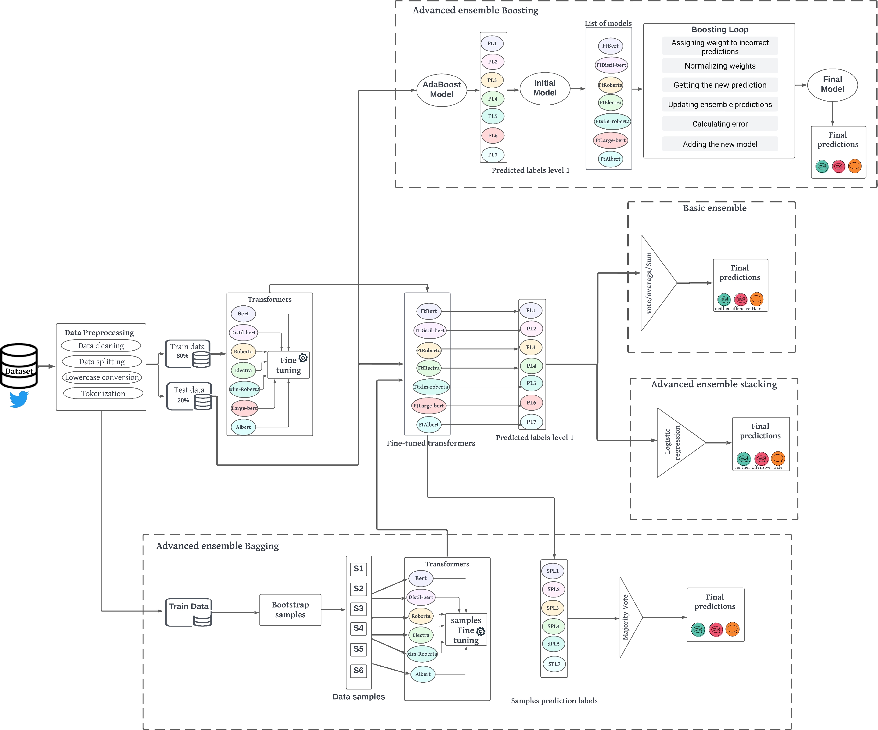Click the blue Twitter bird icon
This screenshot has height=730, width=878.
click(19, 399)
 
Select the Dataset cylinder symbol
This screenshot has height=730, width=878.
click(19, 366)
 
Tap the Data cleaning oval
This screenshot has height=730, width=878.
click(101, 346)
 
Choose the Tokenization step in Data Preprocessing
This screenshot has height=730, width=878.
click(103, 394)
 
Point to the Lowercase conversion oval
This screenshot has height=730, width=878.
click(102, 377)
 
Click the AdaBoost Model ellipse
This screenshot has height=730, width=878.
click(442, 90)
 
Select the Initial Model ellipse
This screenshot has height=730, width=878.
click(545, 88)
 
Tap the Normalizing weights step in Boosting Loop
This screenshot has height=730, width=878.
click(720, 66)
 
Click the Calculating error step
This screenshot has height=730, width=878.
click(720, 124)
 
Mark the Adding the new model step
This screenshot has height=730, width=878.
click(720, 144)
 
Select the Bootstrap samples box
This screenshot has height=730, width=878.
click(290, 610)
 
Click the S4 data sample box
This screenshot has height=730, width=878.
click(358, 628)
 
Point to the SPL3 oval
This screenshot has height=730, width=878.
click(553, 608)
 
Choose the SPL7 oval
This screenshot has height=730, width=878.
click(554, 664)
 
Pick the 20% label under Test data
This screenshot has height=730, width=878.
click(183, 400)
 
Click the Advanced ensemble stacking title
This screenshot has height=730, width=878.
click(714, 384)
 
